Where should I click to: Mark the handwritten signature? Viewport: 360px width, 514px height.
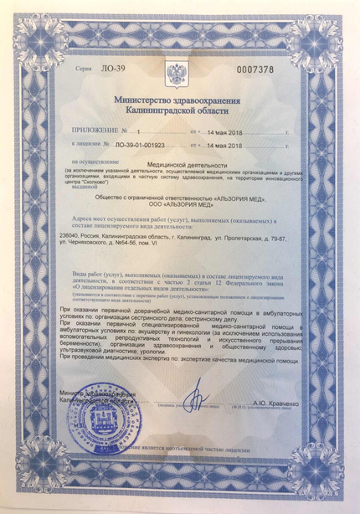[195, 390]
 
